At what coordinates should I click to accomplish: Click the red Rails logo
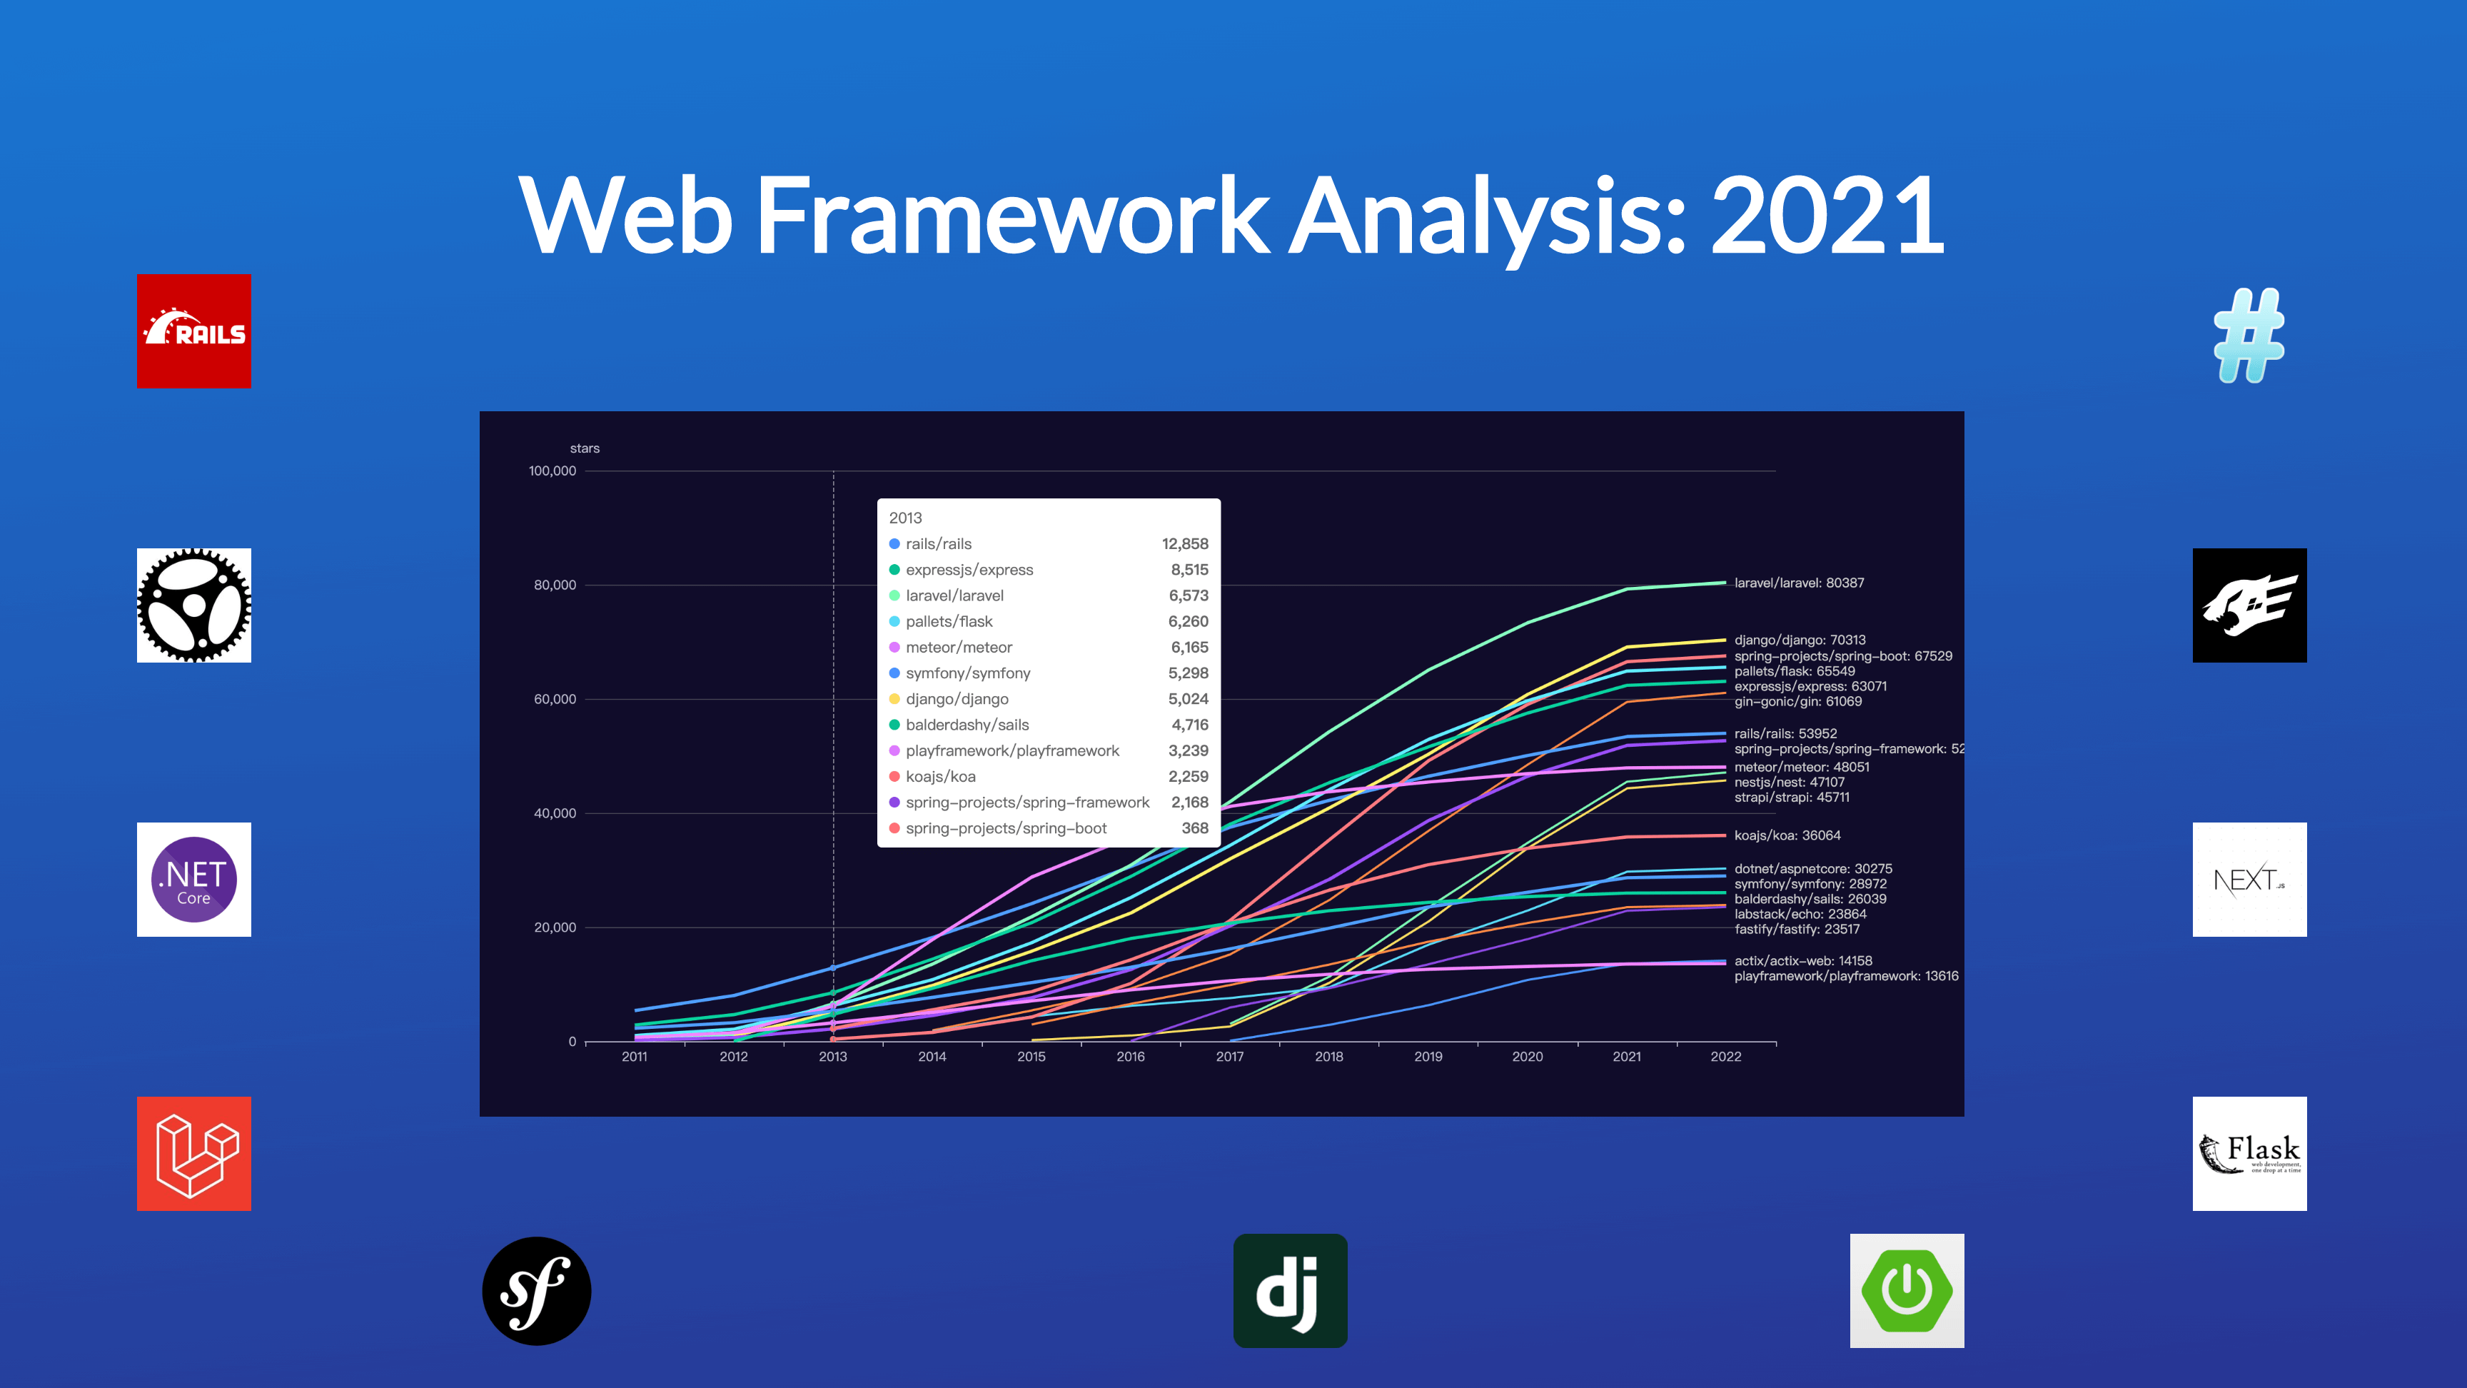click(193, 331)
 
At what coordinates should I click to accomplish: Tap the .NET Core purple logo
click(193, 880)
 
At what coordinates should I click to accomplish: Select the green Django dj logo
click(1290, 1290)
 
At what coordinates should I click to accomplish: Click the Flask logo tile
click(2249, 1153)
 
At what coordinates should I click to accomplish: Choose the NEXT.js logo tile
click(2249, 880)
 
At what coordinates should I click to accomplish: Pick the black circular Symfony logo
click(536, 1290)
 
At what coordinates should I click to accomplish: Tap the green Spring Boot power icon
click(1907, 1290)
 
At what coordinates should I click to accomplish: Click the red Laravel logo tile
click(193, 1153)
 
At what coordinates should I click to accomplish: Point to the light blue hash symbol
click(2249, 336)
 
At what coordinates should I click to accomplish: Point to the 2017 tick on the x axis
click(1230, 1057)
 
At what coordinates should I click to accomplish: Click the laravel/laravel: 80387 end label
click(1799, 583)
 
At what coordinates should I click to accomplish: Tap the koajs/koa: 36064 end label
click(1787, 835)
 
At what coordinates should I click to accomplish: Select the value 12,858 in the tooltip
click(1185, 544)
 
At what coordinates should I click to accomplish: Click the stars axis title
click(584, 448)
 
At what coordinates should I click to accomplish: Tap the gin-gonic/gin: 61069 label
click(1797, 701)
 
